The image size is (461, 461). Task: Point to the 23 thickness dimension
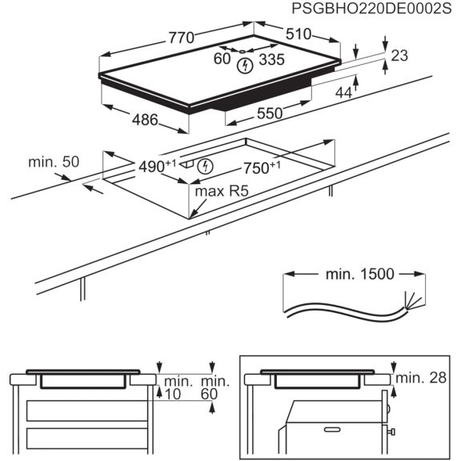click(x=400, y=55)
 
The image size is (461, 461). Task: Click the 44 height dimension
click(x=343, y=93)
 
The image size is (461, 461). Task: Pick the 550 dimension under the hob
click(x=269, y=114)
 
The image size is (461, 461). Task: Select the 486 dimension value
click(x=145, y=119)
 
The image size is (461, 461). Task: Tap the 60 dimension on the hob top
click(x=222, y=58)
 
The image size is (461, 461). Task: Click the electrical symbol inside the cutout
click(x=206, y=166)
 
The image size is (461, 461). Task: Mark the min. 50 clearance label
click(x=54, y=162)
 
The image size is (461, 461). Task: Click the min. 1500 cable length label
click(x=359, y=275)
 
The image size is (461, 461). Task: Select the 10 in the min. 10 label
click(x=173, y=394)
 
